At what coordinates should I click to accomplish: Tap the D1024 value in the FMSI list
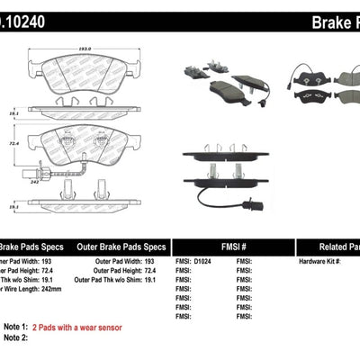tap(202, 261)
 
